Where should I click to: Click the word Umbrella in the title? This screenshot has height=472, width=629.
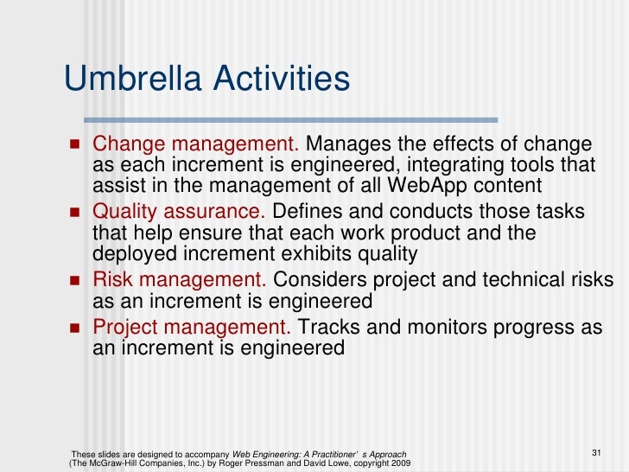click(x=130, y=80)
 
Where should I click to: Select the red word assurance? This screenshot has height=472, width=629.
click(x=227, y=212)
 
